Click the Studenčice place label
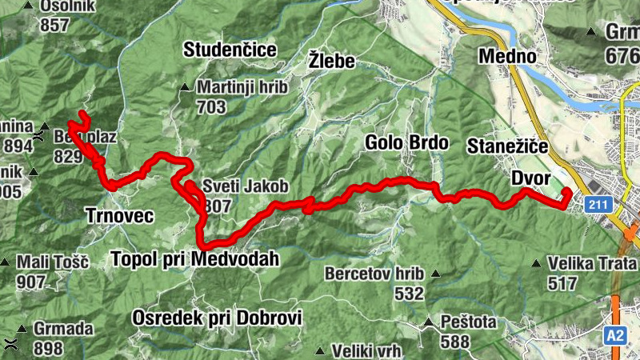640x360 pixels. click(x=230, y=50)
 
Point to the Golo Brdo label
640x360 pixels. click(x=406, y=143)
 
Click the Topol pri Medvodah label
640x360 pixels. click(x=197, y=259)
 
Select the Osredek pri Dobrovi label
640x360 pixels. click(x=218, y=318)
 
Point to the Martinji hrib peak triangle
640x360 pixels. click(x=185, y=88)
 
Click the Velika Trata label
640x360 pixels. click(x=592, y=263)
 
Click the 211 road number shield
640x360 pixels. click(x=598, y=206)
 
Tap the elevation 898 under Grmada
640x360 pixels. click(x=49, y=348)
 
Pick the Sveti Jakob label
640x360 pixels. click(x=245, y=186)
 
